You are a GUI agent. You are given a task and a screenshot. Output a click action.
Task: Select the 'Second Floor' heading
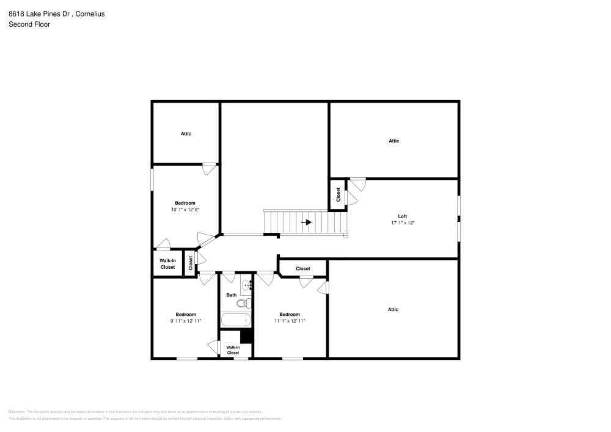point(29,24)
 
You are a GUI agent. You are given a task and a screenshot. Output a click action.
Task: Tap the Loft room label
point(402,216)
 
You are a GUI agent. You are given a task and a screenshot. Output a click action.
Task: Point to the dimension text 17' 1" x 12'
point(402,223)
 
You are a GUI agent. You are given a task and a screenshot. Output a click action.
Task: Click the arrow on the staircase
point(306,222)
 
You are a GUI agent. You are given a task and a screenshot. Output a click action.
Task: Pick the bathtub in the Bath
point(236,320)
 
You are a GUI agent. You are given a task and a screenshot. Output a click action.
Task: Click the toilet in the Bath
point(242,303)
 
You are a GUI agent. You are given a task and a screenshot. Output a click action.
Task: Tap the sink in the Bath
point(247,285)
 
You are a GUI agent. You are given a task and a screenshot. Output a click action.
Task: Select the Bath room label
point(232,295)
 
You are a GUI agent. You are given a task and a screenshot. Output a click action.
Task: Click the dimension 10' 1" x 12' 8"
point(185,210)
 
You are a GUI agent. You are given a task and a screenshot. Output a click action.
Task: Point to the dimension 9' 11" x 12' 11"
point(185,321)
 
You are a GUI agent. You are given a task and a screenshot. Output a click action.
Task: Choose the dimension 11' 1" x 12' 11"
point(290,321)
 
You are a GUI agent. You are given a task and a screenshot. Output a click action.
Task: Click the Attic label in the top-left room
point(186,134)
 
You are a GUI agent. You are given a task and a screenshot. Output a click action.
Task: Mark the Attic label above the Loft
point(394,141)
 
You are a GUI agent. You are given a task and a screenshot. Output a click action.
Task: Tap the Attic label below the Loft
point(393,309)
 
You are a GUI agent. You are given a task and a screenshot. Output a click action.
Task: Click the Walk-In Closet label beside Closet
point(167,264)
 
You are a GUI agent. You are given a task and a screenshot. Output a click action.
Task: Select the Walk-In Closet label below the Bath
point(233,350)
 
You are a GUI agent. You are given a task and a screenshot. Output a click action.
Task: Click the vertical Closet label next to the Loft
point(338,194)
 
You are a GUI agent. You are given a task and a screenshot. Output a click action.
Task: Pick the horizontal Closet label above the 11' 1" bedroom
point(302,269)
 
